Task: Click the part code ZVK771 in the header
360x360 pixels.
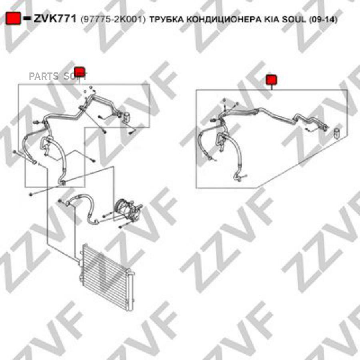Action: pyautogui.click(x=55, y=18)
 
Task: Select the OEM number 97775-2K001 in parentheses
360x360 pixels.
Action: pyautogui.click(x=113, y=20)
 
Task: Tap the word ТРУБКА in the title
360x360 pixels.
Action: pyautogui.click(x=167, y=20)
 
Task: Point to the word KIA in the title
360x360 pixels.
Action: pyautogui.click(x=272, y=20)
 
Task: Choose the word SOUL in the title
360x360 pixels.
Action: pyautogui.click(x=294, y=20)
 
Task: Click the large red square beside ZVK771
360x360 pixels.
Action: pyautogui.click(x=13, y=18)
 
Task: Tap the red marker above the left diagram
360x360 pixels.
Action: pyautogui.click(x=80, y=72)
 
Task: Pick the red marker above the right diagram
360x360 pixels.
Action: pyautogui.click(x=271, y=80)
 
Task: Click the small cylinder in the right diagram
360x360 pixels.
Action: pyautogui.click(x=337, y=133)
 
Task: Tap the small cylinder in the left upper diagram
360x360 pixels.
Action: pyautogui.click(x=126, y=117)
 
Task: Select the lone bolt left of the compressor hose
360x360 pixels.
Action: pyautogui.click(x=31, y=195)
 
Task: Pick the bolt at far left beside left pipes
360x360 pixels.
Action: pyautogui.click(x=14, y=152)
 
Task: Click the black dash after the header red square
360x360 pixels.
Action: pyautogui.click(x=27, y=18)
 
